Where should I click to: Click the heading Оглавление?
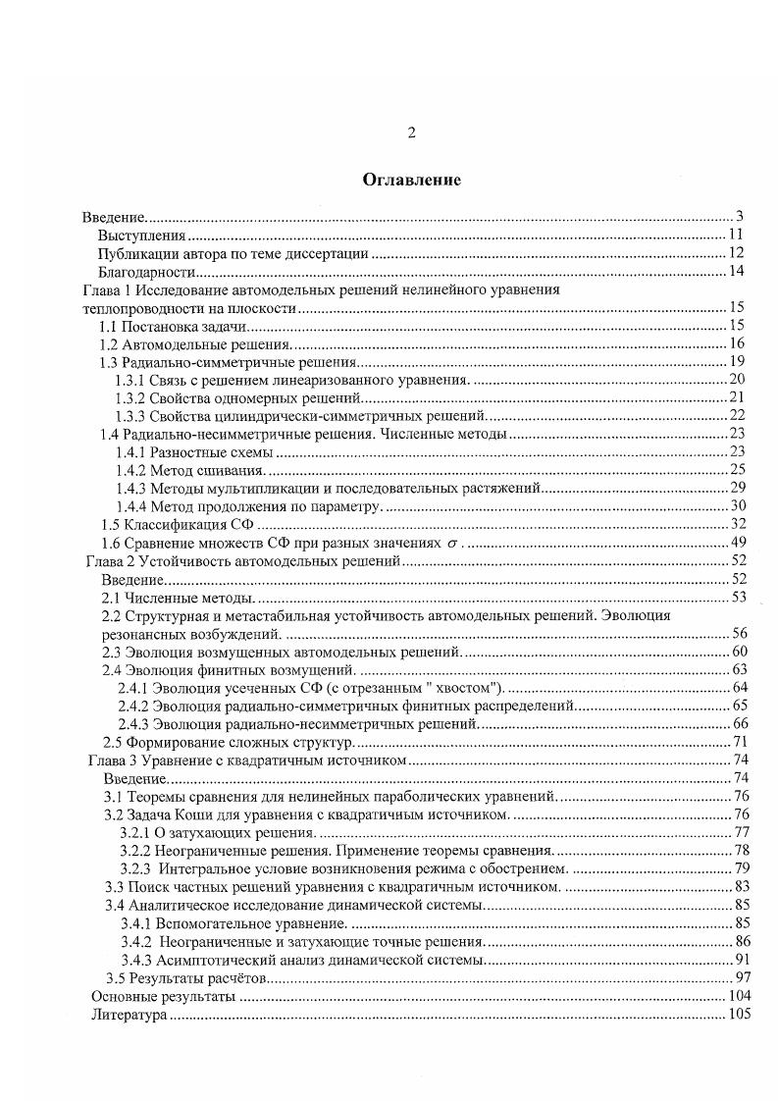pos(411,180)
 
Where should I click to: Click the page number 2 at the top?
pos(412,133)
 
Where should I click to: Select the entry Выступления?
pos(141,236)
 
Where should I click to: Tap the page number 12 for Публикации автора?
pos(738,254)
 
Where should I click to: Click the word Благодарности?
pos(147,272)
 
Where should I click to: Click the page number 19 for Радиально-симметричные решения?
pos(738,362)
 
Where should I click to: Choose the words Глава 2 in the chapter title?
pos(110,561)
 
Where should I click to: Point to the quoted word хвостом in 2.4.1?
pos(467,687)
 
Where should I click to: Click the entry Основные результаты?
pos(163,997)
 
